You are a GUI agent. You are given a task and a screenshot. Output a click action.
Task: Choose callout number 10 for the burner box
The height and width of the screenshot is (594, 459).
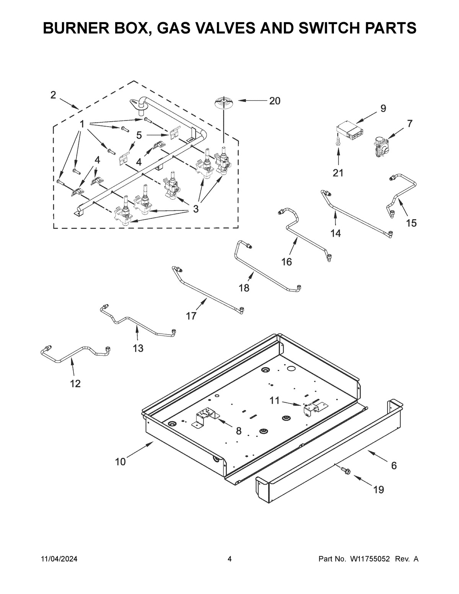click(120, 462)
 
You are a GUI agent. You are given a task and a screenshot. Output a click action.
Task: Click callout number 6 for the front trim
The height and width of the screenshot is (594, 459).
click(394, 465)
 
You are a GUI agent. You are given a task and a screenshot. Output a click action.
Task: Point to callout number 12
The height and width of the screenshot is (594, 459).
click(75, 383)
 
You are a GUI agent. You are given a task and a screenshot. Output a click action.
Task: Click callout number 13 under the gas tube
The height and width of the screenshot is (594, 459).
click(138, 348)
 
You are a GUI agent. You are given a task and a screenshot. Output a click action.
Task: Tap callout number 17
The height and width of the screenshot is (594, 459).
click(191, 316)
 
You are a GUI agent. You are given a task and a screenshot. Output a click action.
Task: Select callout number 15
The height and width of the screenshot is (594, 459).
click(411, 223)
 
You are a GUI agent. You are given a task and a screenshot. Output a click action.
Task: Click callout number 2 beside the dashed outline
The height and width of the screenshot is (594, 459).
click(53, 95)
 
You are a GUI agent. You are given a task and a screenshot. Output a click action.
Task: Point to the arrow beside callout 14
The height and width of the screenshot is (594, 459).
click(336, 218)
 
